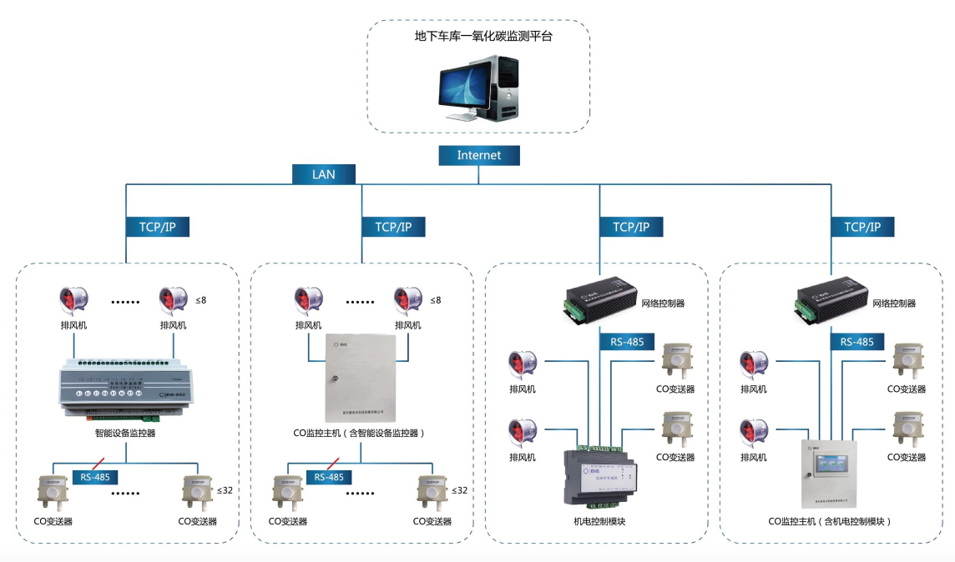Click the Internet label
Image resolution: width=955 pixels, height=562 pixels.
coord(479,155)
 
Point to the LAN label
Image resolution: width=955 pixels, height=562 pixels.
coord(323,174)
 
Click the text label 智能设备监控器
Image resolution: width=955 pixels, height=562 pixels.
coord(125,434)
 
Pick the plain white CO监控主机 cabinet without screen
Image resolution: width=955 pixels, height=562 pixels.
coord(361,379)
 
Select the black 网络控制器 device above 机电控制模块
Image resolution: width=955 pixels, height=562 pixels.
coord(599,299)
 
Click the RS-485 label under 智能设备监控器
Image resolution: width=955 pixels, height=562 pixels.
coord(94,477)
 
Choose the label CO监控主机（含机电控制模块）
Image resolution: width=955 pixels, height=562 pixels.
coord(831,522)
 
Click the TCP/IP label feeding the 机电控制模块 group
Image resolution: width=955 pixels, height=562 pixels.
coord(630,226)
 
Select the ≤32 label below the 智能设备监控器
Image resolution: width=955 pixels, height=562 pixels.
coord(225,490)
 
